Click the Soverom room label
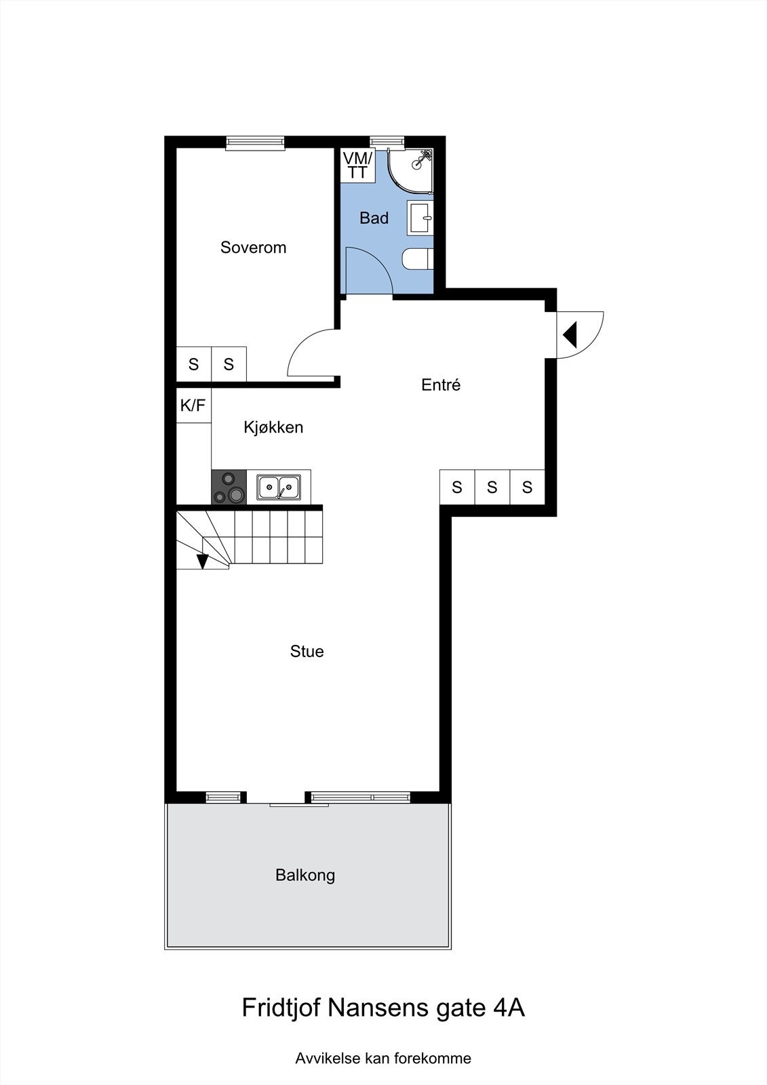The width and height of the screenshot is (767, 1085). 253,248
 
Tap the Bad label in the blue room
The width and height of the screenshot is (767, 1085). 374,218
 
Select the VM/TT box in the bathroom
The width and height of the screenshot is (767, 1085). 357,165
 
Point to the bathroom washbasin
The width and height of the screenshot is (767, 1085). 420,218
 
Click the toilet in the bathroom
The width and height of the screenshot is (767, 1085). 418,260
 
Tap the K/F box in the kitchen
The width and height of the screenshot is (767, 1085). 193,406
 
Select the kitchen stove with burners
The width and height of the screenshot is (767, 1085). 229,488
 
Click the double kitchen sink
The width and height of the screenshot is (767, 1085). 279,486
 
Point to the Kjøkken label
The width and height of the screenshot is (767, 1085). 273,427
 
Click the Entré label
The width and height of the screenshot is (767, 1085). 441,385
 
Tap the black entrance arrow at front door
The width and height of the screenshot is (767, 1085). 570,334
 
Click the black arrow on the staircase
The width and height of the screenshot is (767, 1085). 202,561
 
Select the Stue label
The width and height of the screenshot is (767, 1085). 307,652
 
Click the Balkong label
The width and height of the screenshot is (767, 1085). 305,875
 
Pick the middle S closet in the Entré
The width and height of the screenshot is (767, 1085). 492,487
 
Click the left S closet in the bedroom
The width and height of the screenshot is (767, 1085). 193,365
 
